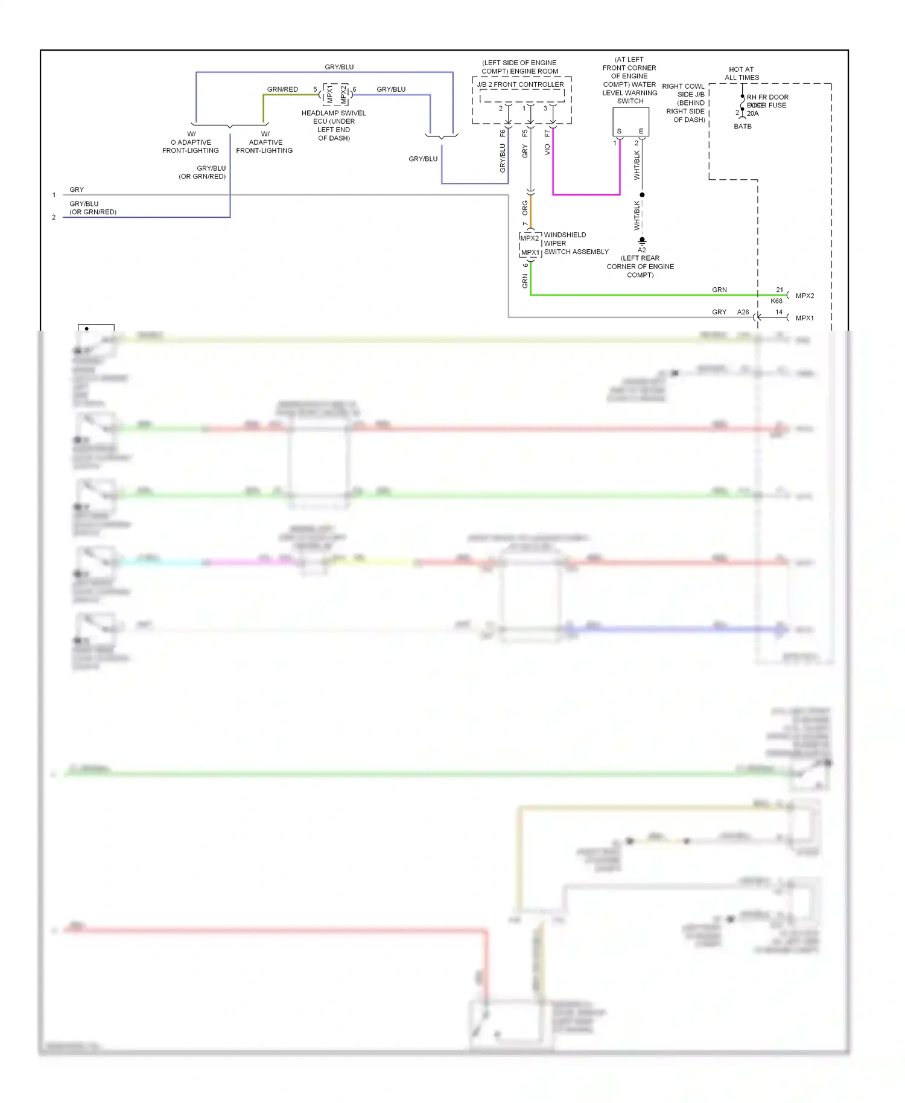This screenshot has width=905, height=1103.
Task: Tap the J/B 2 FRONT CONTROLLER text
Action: (x=520, y=85)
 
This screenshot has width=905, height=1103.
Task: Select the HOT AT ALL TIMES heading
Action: (x=741, y=74)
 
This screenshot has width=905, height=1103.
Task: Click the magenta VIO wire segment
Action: (x=586, y=194)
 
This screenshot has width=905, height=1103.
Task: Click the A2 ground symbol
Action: (x=642, y=241)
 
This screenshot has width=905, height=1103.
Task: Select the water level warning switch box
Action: (x=630, y=121)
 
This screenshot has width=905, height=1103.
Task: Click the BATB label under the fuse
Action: (x=743, y=127)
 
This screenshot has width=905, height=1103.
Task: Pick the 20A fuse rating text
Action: (x=753, y=113)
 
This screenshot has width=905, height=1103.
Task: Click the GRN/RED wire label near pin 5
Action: (x=282, y=89)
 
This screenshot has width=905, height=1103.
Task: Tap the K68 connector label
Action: (x=776, y=301)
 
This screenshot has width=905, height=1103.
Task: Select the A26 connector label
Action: (x=743, y=313)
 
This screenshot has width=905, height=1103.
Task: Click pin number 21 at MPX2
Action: (x=780, y=290)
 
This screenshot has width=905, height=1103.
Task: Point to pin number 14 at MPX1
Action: (x=779, y=313)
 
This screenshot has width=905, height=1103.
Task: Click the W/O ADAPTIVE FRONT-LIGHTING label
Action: (x=191, y=142)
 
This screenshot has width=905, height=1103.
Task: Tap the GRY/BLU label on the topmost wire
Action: (x=339, y=67)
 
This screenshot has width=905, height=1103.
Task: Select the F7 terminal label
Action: (x=547, y=133)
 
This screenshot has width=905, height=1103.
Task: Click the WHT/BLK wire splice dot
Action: (x=642, y=195)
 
